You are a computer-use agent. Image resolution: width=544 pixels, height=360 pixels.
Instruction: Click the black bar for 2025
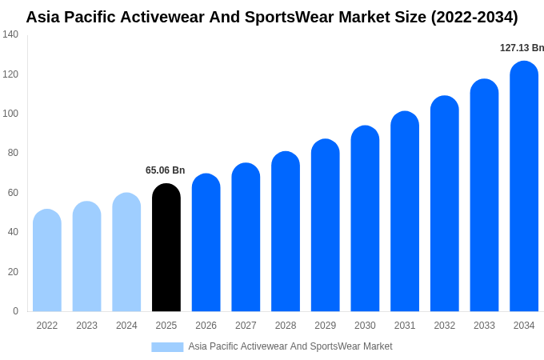pyautogui.click(x=166, y=248)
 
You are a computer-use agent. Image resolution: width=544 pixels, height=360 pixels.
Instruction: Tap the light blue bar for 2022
pyautogui.click(x=47, y=261)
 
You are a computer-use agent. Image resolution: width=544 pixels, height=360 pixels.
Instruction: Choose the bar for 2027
pyautogui.click(x=246, y=238)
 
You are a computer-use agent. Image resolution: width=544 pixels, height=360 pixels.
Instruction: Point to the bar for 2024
pyautogui.click(x=126, y=252)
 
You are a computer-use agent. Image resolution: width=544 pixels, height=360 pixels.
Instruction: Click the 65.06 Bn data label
pyautogui.click(x=165, y=170)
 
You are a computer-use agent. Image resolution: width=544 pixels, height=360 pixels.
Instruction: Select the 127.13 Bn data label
pyautogui.click(x=522, y=48)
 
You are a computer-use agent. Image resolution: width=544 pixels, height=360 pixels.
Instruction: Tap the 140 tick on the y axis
pyautogui.click(x=10, y=34)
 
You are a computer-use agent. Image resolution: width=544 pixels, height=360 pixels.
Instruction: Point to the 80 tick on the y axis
pyautogui.click(x=13, y=153)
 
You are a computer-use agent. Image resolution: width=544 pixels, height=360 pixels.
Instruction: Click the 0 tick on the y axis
pyautogui.click(x=15, y=311)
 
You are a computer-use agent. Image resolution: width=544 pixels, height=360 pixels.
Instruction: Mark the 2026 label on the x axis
pyautogui.click(x=206, y=326)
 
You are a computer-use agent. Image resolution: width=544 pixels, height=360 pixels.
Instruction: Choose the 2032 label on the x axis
pyautogui.click(x=444, y=326)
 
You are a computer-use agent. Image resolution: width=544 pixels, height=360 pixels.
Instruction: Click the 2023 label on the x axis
pyautogui.click(x=86, y=326)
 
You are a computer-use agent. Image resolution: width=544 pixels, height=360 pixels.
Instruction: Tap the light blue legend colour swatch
pyautogui.click(x=167, y=347)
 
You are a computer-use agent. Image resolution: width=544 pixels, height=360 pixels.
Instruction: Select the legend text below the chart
pyautogui.click(x=290, y=346)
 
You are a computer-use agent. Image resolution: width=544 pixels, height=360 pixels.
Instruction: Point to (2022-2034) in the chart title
pyautogui.click(x=474, y=17)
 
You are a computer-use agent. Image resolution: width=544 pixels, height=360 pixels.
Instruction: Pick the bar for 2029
pyautogui.click(x=325, y=226)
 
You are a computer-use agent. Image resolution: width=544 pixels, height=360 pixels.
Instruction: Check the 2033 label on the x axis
pyautogui.click(x=484, y=326)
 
